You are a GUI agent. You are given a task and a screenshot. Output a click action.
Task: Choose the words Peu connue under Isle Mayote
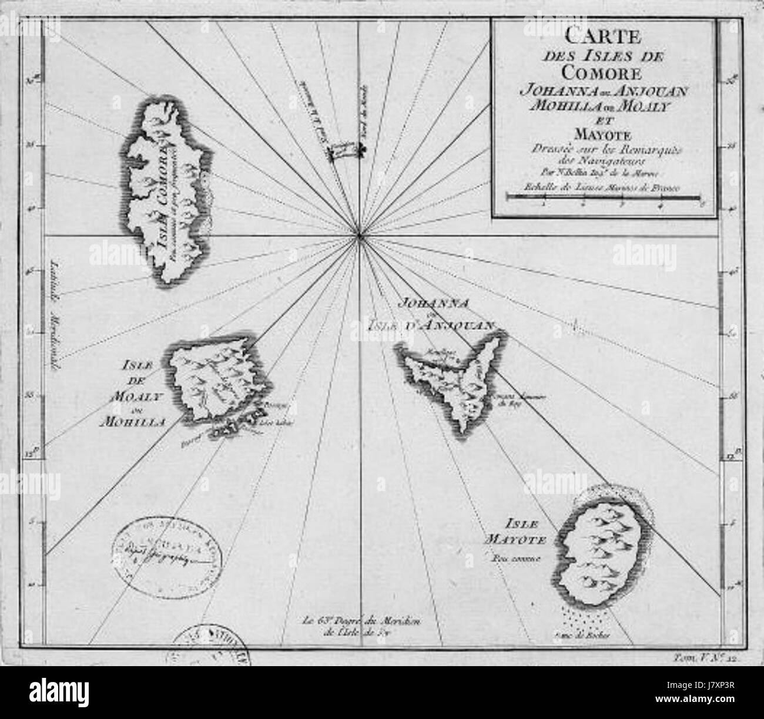517,555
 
